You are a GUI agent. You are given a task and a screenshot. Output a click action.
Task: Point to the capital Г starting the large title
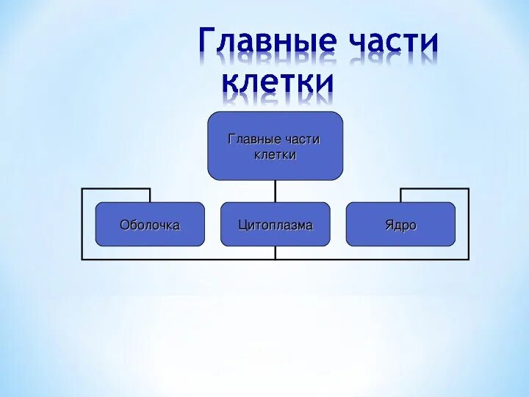[x=209, y=44]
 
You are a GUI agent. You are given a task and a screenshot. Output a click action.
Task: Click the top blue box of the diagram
[x=275, y=146]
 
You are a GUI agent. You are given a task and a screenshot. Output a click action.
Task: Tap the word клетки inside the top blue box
[x=275, y=154]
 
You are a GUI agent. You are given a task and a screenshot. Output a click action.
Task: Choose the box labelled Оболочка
[x=150, y=224]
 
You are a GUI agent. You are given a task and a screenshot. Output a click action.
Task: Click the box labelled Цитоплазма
[x=275, y=224]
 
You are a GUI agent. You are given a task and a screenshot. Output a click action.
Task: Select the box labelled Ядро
[x=400, y=224]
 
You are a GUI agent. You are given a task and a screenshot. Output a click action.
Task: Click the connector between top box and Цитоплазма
[x=276, y=191]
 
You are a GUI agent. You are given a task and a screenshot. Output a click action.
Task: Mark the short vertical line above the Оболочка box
[x=150, y=195]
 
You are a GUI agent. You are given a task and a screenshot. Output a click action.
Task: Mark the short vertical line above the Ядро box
[x=400, y=195]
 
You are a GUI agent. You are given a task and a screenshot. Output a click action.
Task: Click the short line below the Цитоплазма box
[x=276, y=252]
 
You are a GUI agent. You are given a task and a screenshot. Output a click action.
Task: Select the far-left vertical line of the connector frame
[x=82, y=224]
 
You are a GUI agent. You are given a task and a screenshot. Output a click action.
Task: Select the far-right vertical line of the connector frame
[x=469, y=224]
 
